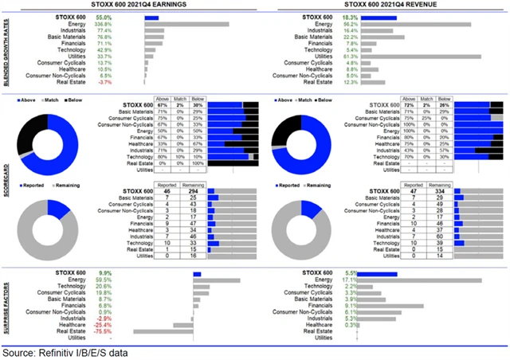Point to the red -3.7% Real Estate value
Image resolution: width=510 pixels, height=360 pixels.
[126, 82]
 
